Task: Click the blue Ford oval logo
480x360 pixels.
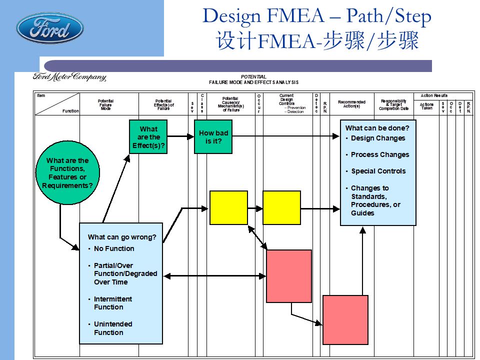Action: pos(50,28)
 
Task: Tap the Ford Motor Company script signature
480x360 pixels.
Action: pos(69,77)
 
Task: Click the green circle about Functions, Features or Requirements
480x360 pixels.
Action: pos(67,173)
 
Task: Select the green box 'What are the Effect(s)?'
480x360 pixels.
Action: pos(148,137)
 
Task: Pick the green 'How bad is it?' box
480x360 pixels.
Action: pos(213,137)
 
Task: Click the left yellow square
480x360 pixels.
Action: pos(228,207)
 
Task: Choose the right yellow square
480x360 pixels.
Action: pos(281,207)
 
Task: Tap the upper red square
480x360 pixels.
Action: pos(289,276)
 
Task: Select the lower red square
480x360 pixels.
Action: pos(345,320)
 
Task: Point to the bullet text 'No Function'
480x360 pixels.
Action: pos(114,248)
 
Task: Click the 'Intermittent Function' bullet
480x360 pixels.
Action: pos(113,303)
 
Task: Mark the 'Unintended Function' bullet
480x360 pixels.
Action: pos(113,328)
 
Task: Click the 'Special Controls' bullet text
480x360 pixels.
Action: pos(378,171)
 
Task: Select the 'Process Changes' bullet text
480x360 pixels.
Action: pos(380,154)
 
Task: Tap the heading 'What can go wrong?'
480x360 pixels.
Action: pos(122,237)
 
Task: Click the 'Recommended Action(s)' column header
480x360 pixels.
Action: pos(351,104)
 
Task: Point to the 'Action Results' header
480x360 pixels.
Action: pos(434,95)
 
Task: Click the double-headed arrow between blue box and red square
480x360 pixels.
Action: pos(215,275)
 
